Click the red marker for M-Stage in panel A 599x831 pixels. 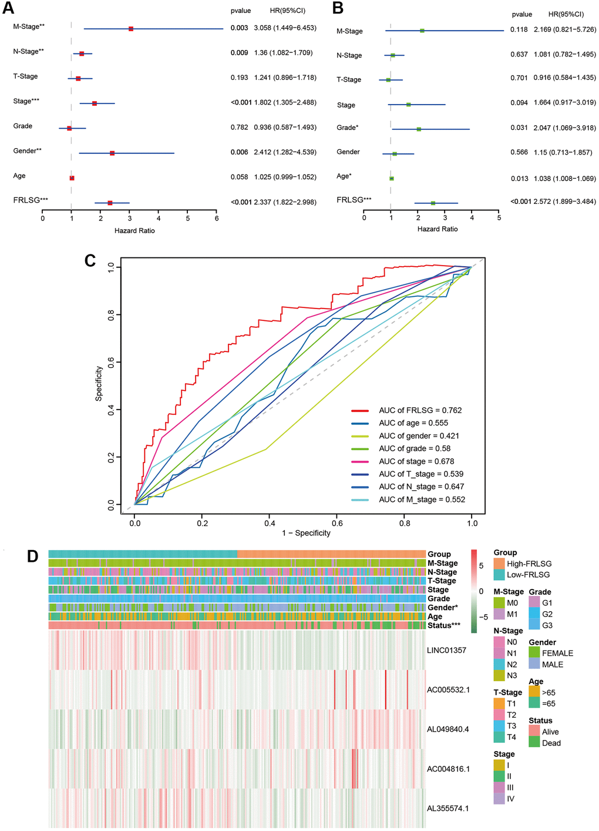[131, 29]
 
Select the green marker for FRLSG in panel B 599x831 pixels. [433, 203]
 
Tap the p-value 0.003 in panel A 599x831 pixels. [239, 28]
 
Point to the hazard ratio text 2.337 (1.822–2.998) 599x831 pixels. [285, 202]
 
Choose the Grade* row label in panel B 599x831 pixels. [348, 128]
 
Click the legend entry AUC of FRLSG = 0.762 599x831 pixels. [420, 410]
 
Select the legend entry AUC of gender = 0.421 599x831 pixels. [419, 436]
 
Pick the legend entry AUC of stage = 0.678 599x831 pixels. [416, 461]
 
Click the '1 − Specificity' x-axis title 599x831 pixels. [306, 533]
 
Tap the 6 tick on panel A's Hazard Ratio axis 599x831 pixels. [217, 219]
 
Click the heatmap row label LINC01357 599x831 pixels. [446, 650]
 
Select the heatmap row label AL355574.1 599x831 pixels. [447, 808]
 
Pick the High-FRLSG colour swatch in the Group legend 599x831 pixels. [499, 564]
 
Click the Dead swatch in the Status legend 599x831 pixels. [534, 742]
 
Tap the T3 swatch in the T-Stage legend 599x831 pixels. [499, 726]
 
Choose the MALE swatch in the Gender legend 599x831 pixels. [534, 664]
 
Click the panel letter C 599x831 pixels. [90, 260]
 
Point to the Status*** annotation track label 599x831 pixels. [443, 625]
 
